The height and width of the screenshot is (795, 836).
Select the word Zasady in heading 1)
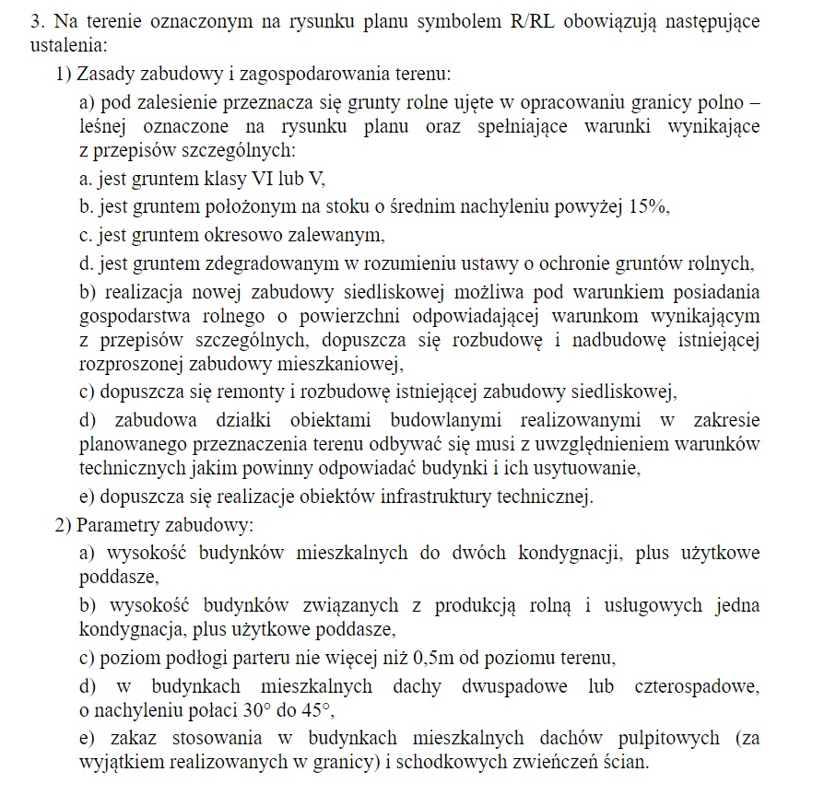[105, 73]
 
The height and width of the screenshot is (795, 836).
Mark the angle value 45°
[309, 711]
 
